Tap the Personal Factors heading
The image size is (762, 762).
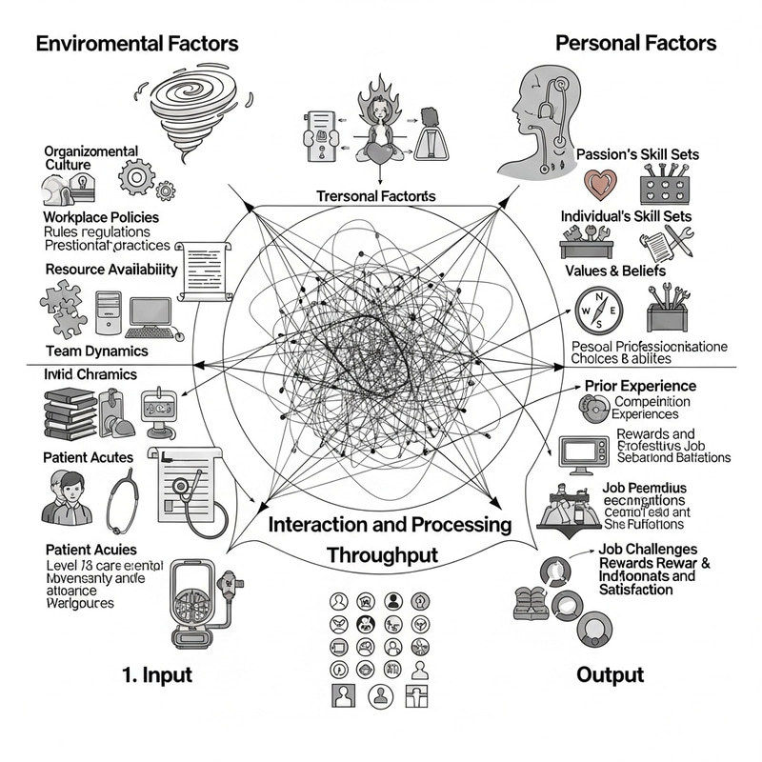pyautogui.click(x=635, y=43)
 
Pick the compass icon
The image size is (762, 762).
pyautogui.click(x=599, y=312)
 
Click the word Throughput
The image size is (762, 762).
pyautogui.click(x=381, y=554)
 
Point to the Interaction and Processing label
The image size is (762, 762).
pyautogui.click(x=390, y=525)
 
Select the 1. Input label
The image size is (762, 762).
pyautogui.click(x=157, y=675)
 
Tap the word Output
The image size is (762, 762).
pyautogui.click(x=611, y=675)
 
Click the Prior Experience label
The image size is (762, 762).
pyautogui.click(x=639, y=386)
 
